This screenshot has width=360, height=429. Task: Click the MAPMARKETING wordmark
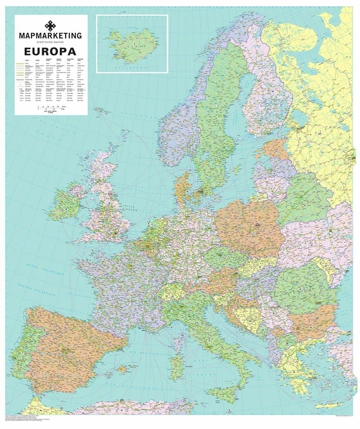point(51,35)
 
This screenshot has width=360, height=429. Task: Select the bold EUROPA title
point(51,51)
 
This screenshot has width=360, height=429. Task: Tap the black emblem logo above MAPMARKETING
point(51,25)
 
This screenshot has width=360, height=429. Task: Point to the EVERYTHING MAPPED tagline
point(51,42)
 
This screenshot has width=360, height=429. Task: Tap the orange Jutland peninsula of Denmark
point(182,188)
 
